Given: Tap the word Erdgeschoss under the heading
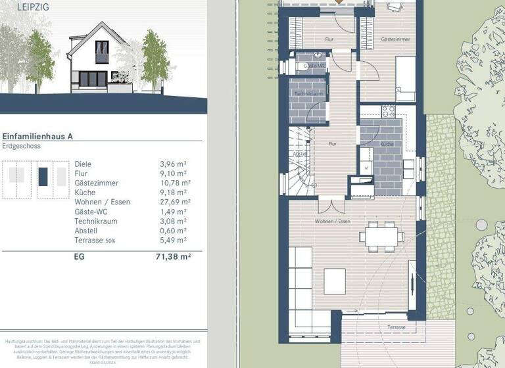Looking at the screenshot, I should (x=20, y=146).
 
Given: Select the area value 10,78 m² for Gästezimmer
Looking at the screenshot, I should (x=175, y=183).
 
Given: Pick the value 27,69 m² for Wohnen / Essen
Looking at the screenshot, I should (x=175, y=202).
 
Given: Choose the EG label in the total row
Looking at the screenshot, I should (x=80, y=258).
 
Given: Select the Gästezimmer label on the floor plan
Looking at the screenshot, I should (x=393, y=40).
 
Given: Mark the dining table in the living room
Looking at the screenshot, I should (x=382, y=235).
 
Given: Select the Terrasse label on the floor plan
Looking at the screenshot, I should (x=396, y=327).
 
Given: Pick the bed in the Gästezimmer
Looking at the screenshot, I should (x=405, y=78).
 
